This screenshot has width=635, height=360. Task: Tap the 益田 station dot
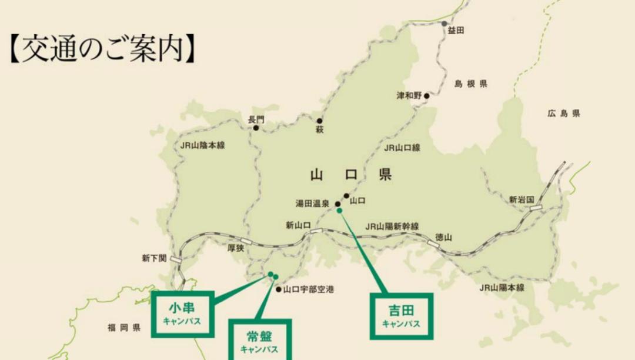click(444, 24)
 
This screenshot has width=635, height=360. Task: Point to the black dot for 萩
click(320, 121)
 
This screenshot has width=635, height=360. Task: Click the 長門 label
click(256, 119)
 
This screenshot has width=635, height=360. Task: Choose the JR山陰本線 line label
click(203, 145)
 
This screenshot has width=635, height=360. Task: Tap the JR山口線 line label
click(402, 148)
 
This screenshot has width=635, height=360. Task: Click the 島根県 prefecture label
click(470, 84)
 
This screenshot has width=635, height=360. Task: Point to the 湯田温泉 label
click(312, 204)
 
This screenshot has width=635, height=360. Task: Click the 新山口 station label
click(298, 225)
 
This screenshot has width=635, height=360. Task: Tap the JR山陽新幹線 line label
click(392, 226)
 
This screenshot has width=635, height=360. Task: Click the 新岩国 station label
click(522, 200)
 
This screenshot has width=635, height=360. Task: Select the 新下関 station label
click(154, 258)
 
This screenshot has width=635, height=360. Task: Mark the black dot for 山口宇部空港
click(278, 289)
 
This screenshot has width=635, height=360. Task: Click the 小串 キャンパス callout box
click(182, 314)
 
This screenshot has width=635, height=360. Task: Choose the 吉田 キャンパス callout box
click(401, 316)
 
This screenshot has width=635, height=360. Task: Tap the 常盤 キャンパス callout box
click(259, 341)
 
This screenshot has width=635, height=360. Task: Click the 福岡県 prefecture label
click(123, 328)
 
